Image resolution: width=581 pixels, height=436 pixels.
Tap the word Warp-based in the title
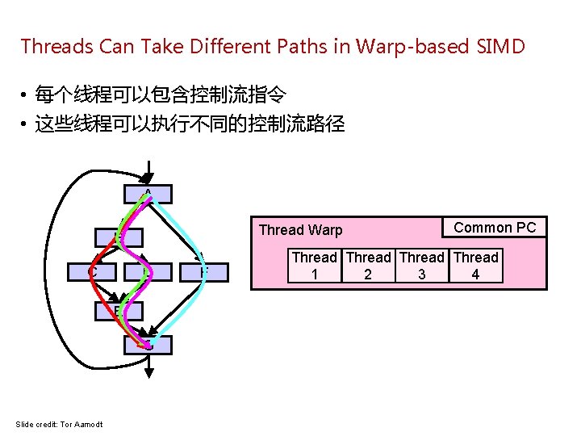(x=419, y=46)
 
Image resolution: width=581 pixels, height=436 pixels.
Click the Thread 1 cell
(x=315, y=266)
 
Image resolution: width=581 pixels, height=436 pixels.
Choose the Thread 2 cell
(x=369, y=266)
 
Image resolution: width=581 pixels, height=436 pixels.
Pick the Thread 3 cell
(x=422, y=266)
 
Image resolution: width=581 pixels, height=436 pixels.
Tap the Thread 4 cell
(x=476, y=266)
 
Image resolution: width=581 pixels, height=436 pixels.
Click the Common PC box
(x=495, y=228)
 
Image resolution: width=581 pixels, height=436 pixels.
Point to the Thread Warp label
(x=300, y=230)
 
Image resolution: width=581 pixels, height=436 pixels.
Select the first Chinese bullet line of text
(x=160, y=96)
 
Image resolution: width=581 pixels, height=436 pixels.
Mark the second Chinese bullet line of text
(x=190, y=124)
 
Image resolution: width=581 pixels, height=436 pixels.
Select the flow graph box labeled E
(x=118, y=311)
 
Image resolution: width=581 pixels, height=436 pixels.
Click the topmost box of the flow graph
(x=148, y=194)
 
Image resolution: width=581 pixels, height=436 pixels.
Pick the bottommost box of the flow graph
(x=148, y=345)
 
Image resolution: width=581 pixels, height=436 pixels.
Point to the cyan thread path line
(x=187, y=234)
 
